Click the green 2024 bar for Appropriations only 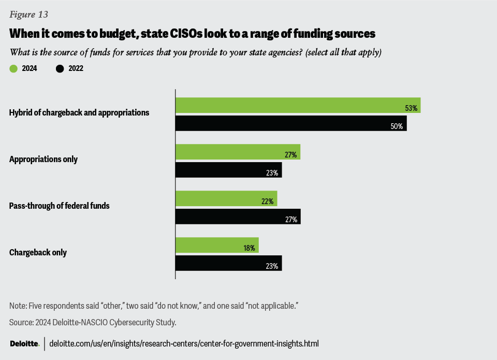pos(238,152)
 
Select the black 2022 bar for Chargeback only pos(228,263)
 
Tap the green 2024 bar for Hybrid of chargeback pos(298,105)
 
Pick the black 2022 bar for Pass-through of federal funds pos(238,217)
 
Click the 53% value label pos(412,108)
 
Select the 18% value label pos(250,248)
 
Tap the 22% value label pos(268,201)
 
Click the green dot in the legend pos(13,68)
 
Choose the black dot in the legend pos(60,68)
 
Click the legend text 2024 pos(30,68)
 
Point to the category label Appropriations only pos(43,159)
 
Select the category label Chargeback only pos(38,253)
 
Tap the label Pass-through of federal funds pos(60,206)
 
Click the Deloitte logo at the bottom pos(24,343)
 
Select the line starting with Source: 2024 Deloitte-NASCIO pos(93,322)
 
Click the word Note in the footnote pos(17,306)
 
